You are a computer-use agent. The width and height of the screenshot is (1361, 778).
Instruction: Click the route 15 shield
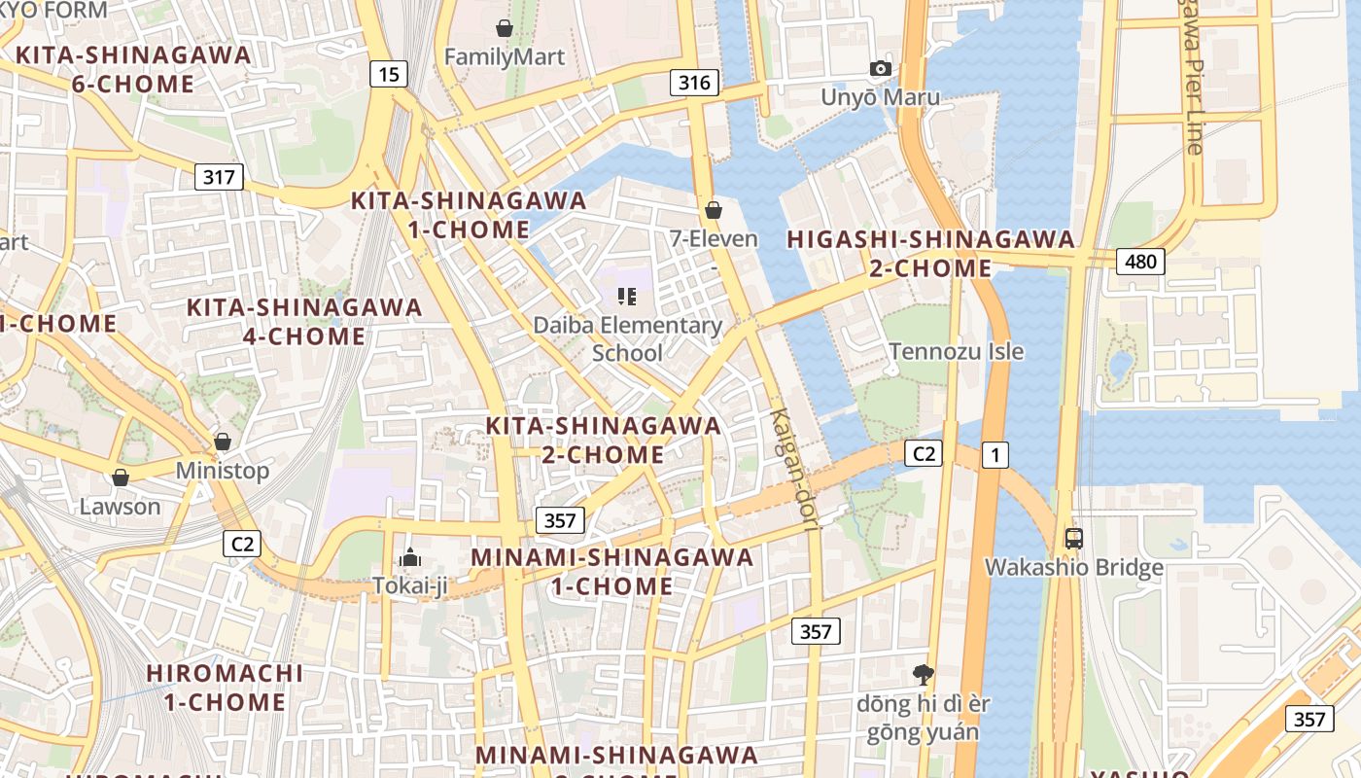coord(388,74)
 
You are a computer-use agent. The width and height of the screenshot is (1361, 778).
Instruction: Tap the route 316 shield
coord(694,83)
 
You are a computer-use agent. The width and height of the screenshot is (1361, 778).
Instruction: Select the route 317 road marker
coord(219,177)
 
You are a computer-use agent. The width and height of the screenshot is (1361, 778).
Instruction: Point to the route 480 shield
coord(1140,261)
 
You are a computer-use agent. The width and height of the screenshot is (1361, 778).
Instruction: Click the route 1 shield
coord(995,454)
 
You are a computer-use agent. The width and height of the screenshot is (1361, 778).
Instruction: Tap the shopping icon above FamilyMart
coord(504,28)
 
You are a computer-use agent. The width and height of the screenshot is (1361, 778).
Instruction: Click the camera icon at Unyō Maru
coord(881,68)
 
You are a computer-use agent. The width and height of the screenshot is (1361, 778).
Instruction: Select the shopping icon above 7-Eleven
coord(714,209)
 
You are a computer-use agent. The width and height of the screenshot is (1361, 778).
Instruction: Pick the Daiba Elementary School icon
coord(627,297)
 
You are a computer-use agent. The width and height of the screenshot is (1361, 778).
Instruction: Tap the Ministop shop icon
coord(223,442)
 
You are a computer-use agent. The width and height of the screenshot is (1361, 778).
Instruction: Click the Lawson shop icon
coord(121,477)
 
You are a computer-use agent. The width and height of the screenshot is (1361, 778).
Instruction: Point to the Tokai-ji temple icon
coord(410,558)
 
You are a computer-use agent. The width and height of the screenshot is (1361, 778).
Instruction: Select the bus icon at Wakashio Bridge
coord(1074,538)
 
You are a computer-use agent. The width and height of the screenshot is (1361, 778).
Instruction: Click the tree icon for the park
coord(923,673)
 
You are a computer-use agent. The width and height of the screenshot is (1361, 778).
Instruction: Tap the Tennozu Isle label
coord(957,351)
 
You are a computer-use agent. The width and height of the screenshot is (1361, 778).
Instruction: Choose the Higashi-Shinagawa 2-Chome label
coord(930,253)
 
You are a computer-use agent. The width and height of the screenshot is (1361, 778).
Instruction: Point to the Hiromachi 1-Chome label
coord(224,687)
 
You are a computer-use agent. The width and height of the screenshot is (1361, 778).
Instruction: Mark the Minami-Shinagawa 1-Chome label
coord(612,572)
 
